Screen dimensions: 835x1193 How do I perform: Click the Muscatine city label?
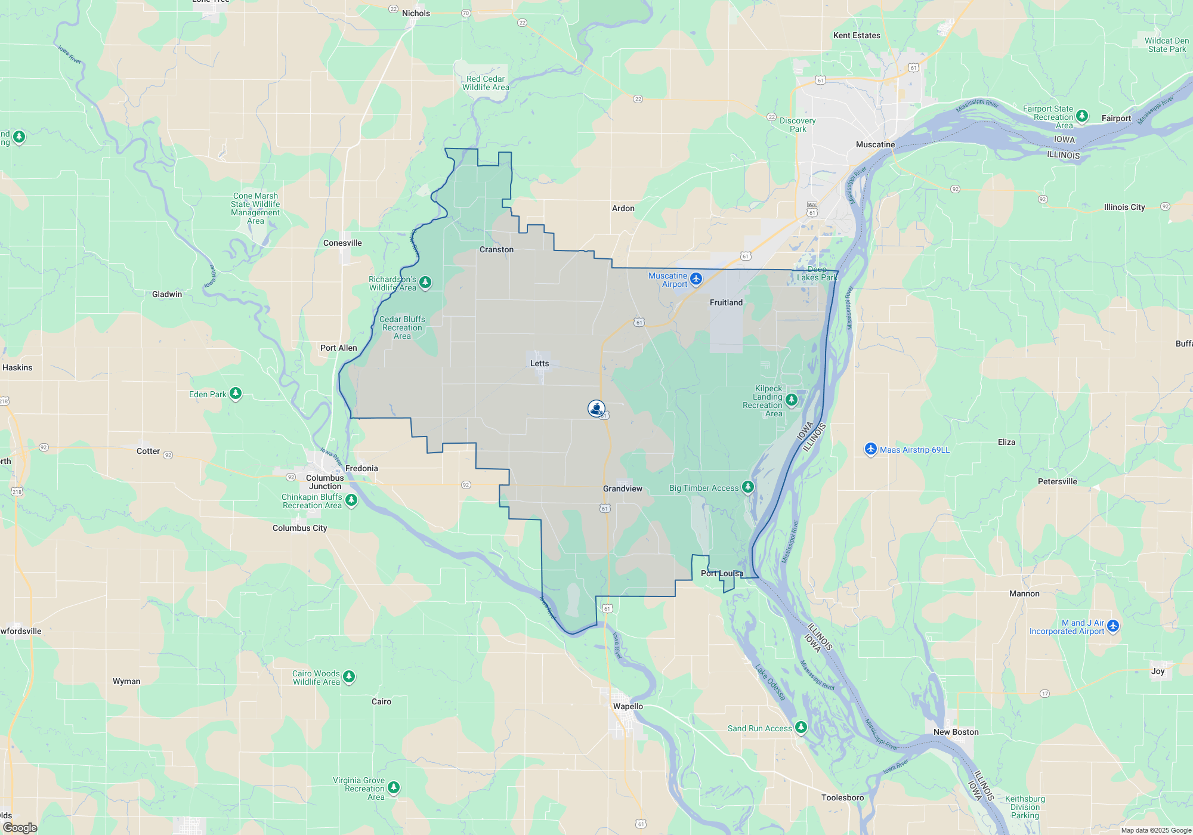click(875, 144)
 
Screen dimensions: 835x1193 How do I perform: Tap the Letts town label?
click(539, 363)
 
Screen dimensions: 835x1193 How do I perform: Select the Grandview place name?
click(622, 488)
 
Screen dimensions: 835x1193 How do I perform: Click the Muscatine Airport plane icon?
click(696, 279)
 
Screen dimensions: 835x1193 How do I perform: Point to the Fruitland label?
click(726, 302)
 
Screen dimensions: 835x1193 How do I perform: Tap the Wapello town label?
click(628, 706)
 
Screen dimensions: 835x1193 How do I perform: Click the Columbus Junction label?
click(324, 482)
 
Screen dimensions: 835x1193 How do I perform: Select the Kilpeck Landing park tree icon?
click(792, 400)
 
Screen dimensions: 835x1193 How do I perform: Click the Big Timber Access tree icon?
click(747, 487)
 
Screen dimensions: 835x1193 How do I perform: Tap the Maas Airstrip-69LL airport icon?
click(871, 449)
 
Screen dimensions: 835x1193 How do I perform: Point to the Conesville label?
click(342, 243)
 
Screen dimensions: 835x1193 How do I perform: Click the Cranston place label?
click(496, 249)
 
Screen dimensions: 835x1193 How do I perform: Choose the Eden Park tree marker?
click(236, 394)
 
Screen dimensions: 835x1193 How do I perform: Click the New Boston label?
click(956, 732)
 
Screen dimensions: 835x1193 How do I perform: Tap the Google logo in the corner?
click(20, 827)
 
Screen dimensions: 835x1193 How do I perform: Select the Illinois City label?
click(1124, 207)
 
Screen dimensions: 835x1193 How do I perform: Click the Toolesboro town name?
click(842, 797)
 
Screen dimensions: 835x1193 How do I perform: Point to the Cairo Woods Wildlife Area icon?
click(349, 676)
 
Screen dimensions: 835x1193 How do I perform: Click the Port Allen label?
click(338, 348)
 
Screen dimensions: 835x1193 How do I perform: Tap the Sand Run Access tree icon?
click(801, 727)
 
